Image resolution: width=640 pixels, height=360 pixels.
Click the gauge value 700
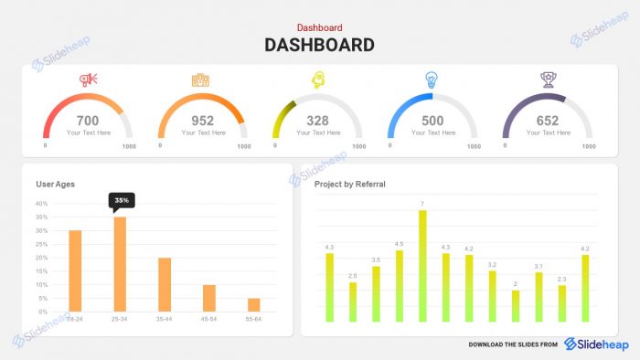(x=88, y=121)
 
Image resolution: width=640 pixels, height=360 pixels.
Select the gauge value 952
(x=203, y=121)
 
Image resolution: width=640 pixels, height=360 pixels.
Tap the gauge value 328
(x=317, y=121)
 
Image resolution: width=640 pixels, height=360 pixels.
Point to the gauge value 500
(x=432, y=121)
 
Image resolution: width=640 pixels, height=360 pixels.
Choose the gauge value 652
(x=548, y=121)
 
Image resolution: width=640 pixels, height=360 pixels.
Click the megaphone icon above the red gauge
(x=88, y=79)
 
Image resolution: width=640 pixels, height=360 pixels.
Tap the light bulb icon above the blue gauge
(x=432, y=79)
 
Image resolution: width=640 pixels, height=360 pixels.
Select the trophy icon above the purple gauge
(x=547, y=79)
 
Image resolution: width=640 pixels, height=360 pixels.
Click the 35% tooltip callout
(x=120, y=199)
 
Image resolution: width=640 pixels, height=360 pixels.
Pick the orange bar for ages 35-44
(x=165, y=284)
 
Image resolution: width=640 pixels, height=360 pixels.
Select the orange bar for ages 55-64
(x=253, y=304)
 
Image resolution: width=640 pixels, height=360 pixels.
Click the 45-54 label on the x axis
(x=209, y=319)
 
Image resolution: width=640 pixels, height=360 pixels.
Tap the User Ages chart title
(x=56, y=184)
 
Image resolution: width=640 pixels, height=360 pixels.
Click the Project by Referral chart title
(x=350, y=184)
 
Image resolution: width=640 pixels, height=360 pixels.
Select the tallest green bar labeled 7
(x=422, y=265)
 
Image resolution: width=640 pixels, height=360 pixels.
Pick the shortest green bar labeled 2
(x=516, y=305)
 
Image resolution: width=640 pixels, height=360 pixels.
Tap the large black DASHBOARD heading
(x=320, y=45)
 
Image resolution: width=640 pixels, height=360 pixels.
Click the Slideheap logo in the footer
(x=596, y=344)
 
